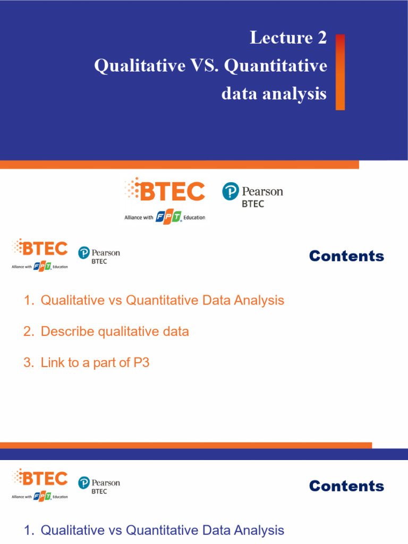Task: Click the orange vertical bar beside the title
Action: coord(340,72)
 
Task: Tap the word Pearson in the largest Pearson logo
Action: coord(262,191)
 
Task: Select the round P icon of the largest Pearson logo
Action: coord(230,191)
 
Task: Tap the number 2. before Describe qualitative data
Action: coord(29,331)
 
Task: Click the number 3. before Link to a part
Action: coord(29,363)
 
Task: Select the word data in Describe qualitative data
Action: coord(175,331)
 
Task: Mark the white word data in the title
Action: coord(239,94)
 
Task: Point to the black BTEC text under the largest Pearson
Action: coord(253,204)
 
